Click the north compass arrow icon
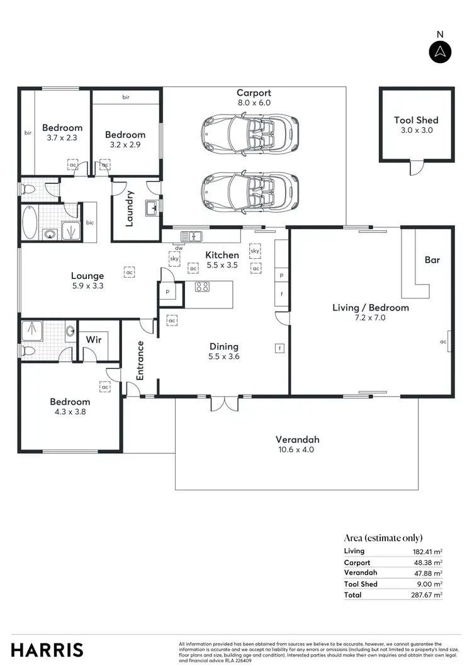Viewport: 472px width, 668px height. (x=441, y=52)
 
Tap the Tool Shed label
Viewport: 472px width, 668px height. (x=416, y=120)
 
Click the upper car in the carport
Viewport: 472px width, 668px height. (x=250, y=133)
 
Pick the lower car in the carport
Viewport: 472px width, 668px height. (x=250, y=193)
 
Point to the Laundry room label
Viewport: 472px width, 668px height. (x=130, y=208)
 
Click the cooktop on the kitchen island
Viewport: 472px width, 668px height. (x=202, y=287)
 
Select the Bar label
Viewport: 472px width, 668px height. (x=432, y=259)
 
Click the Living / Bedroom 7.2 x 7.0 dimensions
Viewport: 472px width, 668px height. (x=371, y=318)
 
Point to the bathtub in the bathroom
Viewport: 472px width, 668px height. (x=29, y=222)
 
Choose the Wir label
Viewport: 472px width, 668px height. (x=94, y=340)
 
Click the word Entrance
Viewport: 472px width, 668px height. (x=140, y=360)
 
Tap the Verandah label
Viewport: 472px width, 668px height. (x=297, y=439)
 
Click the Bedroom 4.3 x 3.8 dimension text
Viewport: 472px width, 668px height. (x=70, y=412)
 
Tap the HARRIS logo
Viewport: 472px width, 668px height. (x=47, y=649)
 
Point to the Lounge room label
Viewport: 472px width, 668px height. (x=87, y=276)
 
